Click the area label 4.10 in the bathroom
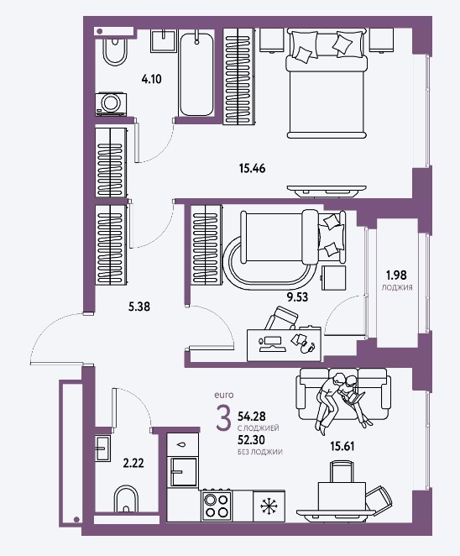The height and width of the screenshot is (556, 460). tap(151, 79)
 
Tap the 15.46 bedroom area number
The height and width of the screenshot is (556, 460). tap(252, 168)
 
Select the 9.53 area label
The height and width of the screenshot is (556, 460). tap(297, 296)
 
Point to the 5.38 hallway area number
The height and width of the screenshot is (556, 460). tap(139, 307)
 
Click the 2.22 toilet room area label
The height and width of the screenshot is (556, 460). tap(133, 463)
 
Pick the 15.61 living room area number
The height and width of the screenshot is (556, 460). tap(342, 446)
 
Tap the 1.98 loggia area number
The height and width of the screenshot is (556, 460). tap(396, 275)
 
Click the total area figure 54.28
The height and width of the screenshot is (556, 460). tap(252, 416)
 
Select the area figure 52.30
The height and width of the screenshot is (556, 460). tap(251, 440)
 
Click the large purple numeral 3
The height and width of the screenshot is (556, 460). tap(223, 418)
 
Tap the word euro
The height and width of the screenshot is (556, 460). tap(223, 395)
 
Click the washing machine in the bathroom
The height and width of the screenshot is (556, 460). tap(111, 104)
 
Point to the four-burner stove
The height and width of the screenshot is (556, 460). tap(217, 505)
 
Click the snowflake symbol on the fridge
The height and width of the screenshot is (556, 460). tap(269, 506)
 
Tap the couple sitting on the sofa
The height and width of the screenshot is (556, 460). tap(342, 401)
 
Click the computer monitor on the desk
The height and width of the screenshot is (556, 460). tap(271, 341)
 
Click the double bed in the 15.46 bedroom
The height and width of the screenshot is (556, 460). tap(327, 84)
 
